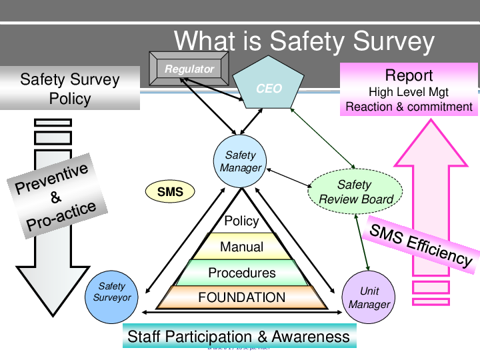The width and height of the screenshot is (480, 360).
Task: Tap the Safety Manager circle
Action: pos(241,161)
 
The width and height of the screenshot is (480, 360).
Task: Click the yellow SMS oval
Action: pos(170,193)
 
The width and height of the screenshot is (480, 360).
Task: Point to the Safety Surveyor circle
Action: pos(111,292)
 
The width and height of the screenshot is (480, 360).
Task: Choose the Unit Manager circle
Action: pos(369,298)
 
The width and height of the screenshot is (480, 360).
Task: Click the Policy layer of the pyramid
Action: pos(241,221)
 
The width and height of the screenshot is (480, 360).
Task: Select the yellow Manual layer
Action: pos(241,247)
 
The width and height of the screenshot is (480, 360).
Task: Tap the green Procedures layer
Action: pos(241,273)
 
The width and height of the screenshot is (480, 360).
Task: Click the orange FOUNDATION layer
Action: pos(241,297)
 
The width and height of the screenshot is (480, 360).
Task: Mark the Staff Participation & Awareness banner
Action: pos(239,336)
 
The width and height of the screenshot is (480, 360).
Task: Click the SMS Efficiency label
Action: pos(421,244)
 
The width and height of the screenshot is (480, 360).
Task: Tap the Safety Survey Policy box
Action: pos(69,89)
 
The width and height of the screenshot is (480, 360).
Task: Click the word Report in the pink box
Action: pos(409,75)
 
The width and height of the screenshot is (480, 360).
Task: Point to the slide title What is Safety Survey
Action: pos(304,41)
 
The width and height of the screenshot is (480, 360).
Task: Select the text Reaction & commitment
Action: pos(409,107)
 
